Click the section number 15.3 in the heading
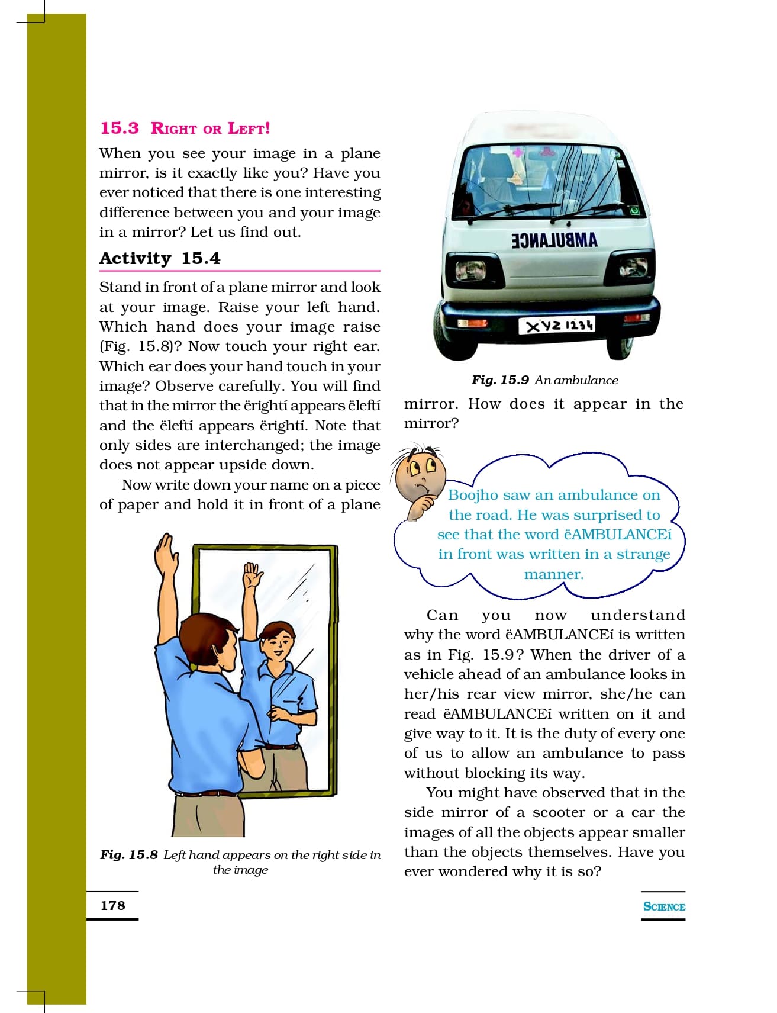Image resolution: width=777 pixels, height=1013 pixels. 120,128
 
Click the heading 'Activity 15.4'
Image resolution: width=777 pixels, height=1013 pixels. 160,259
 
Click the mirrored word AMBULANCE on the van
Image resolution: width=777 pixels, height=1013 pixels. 554,240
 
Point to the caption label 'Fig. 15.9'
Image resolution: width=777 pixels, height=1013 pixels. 499,380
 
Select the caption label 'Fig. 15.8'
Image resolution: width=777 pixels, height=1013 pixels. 129,855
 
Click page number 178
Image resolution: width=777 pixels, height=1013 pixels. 112,905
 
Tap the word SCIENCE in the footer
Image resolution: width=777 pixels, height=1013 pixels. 664,906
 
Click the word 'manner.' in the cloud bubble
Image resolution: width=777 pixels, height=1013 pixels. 554,574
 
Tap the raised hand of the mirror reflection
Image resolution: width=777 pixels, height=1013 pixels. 252,574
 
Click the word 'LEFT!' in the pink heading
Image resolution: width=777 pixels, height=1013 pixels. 249,128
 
